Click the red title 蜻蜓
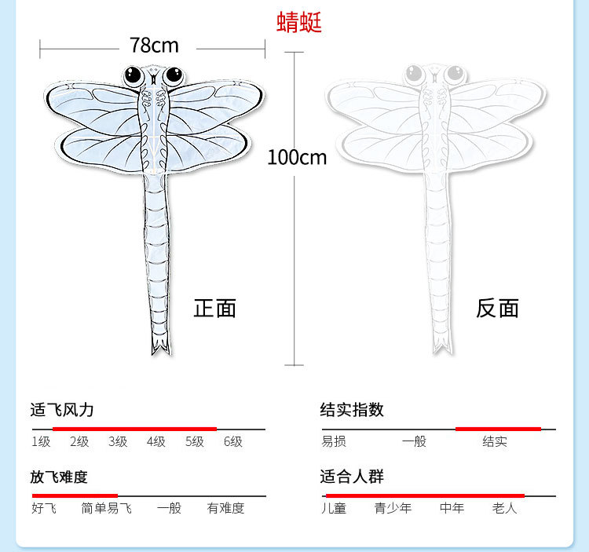(x=299, y=23)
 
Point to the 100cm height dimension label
(x=297, y=157)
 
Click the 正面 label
(x=214, y=308)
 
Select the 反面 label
(x=497, y=308)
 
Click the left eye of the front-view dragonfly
(x=133, y=76)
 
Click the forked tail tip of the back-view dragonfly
(x=443, y=345)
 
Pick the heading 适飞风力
(x=62, y=410)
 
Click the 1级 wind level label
(x=41, y=441)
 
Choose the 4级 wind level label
(x=156, y=441)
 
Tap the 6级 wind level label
(x=233, y=441)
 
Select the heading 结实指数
(x=352, y=410)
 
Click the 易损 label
(x=334, y=441)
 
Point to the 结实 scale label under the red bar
(x=495, y=441)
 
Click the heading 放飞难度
(x=59, y=477)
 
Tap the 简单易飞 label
(x=106, y=508)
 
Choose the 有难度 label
(x=225, y=508)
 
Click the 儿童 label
(x=334, y=508)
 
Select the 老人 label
(x=505, y=508)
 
